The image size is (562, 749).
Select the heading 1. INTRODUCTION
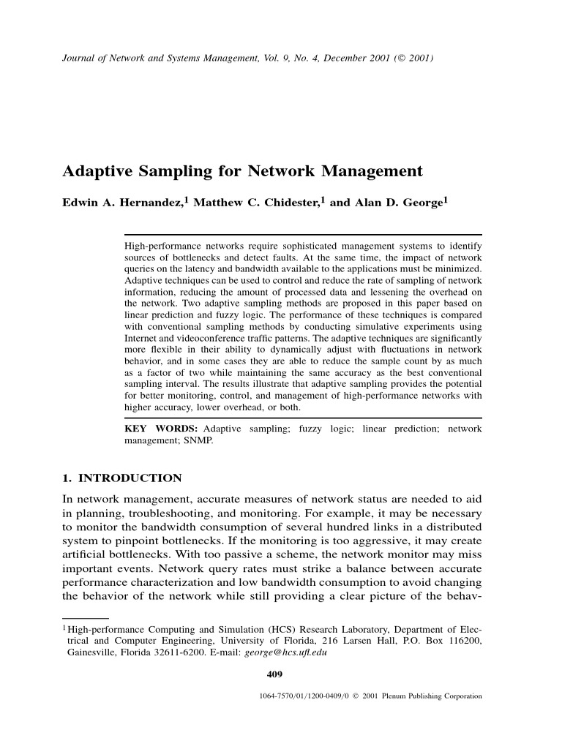pos(121,478)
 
